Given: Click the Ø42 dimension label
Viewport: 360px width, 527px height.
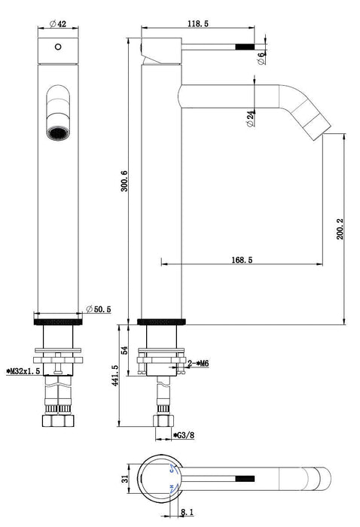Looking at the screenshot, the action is [x=58, y=24].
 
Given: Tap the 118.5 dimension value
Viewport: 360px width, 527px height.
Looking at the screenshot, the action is [x=198, y=23].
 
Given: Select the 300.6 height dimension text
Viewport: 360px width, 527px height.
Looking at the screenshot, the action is [x=124, y=181].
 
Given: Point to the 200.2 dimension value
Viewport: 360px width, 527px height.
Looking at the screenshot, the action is [x=340, y=229].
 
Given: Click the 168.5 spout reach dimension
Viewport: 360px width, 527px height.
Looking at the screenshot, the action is [x=242, y=260].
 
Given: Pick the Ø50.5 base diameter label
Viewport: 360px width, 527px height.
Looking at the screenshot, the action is [x=99, y=309].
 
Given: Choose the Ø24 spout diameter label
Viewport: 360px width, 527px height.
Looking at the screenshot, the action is [x=251, y=118].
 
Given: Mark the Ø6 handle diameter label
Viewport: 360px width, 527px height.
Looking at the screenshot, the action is [x=261, y=59].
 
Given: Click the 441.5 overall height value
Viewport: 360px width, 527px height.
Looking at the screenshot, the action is [x=115, y=376].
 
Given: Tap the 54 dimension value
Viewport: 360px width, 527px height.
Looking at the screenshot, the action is [x=124, y=350].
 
